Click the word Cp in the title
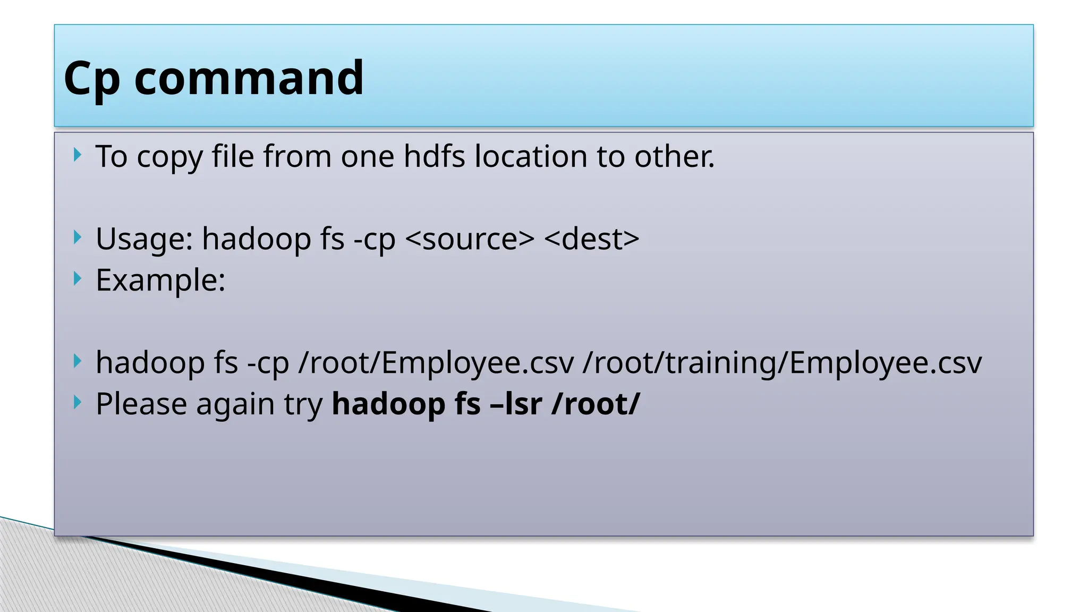click(91, 79)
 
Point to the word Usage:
click(144, 239)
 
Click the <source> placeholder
click(470, 239)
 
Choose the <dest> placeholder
click(592, 239)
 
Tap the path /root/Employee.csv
click(436, 363)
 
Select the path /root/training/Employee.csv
click(782, 363)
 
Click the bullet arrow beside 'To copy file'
click(78, 155)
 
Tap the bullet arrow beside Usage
click(78, 237)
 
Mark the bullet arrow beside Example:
click(78, 278)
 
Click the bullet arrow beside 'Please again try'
click(78, 403)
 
